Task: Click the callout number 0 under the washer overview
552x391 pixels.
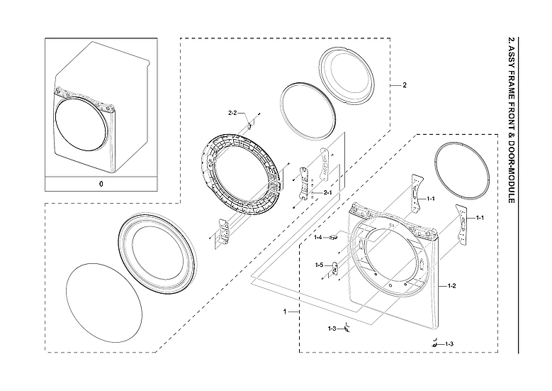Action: click(x=101, y=183)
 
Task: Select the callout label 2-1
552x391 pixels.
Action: click(x=327, y=192)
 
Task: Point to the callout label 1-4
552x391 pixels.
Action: click(x=318, y=237)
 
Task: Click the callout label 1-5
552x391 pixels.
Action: click(x=319, y=265)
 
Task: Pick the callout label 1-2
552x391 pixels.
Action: click(x=451, y=285)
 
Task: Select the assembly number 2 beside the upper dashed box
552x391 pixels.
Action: click(x=404, y=85)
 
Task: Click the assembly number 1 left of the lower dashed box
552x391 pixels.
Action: click(x=285, y=312)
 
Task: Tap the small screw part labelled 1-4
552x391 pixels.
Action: click(x=332, y=238)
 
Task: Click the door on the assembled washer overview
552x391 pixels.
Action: click(x=84, y=126)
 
